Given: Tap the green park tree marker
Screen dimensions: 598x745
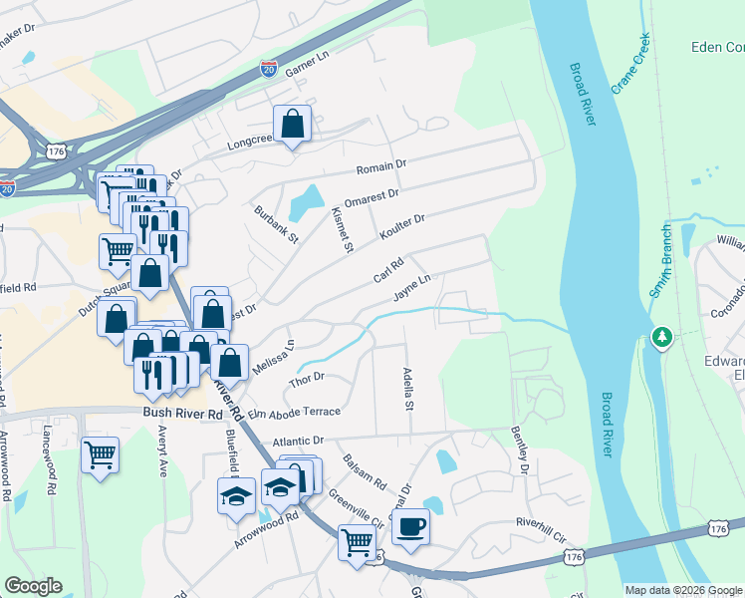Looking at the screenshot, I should click(x=660, y=338).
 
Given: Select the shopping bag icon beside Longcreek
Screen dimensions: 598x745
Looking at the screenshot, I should click(x=293, y=125).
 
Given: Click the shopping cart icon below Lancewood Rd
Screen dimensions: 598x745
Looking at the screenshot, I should click(x=100, y=456).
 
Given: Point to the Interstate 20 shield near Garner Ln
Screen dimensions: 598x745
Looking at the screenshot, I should click(x=269, y=68).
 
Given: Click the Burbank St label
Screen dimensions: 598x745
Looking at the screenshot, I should click(x=276, y=224).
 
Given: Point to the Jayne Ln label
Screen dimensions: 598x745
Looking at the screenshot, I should click(x=411, y=287).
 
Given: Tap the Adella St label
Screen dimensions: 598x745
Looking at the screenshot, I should click(x=407, y=389).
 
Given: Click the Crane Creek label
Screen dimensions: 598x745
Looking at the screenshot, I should click(x=630, y=65).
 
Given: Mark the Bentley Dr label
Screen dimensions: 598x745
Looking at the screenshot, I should click(x=519, y=449).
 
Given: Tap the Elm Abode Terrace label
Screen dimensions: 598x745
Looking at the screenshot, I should click(x=294, y=412).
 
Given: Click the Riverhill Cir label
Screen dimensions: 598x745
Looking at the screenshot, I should click(x=541, y=522).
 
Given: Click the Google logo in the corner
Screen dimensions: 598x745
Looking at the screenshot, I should click(x=33, y=586).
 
